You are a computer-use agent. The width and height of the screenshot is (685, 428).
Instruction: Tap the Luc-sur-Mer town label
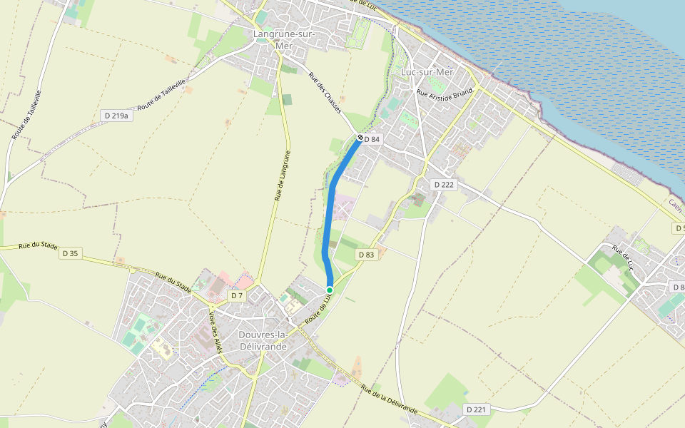coord(427,73)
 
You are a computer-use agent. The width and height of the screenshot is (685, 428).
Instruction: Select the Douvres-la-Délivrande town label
coord(262,340)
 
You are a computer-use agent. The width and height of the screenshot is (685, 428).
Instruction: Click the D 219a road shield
coord(116,116)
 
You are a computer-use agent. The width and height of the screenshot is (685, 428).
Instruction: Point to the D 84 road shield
coord(372,139)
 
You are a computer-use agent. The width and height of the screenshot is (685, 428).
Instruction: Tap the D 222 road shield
coord(443,185)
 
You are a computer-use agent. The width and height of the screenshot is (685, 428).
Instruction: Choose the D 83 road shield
coord(366,255)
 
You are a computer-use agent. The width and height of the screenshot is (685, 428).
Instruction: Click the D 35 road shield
coord(70,253)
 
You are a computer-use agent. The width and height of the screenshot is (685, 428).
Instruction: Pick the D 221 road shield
coord(476,409)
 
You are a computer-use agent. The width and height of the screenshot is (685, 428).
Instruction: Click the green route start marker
coord(330,290)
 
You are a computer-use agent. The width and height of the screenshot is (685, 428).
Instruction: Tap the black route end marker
coord(360,138)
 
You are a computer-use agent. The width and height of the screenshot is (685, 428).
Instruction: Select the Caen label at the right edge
coord(676,205)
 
